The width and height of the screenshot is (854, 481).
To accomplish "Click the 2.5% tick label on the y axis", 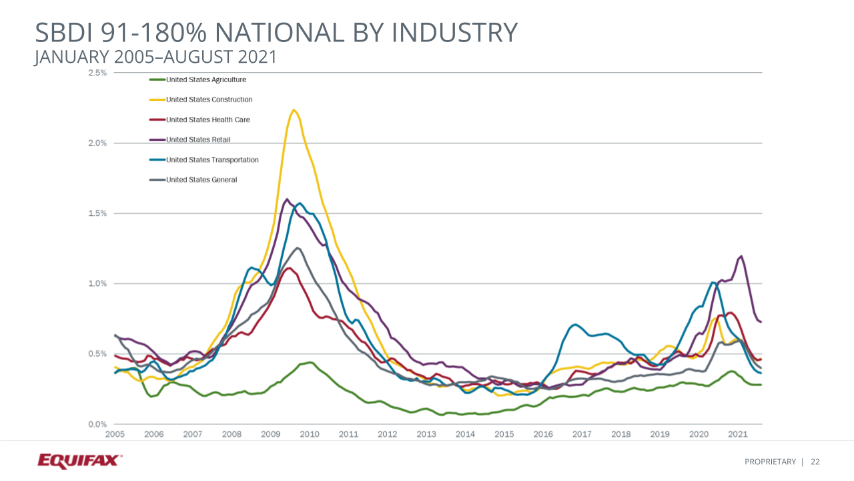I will (97, 73).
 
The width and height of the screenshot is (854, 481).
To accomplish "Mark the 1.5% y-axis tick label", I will (97, 213).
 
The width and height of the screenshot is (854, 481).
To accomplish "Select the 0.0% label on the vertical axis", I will (97, 424).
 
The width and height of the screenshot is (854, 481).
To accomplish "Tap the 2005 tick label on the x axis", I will (115, 434).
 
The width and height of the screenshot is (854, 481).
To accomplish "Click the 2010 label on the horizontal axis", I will (310, 434).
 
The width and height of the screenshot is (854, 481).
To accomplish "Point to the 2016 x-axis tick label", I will (543, 434).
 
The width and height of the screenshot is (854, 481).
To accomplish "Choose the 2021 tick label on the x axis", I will (737, 434).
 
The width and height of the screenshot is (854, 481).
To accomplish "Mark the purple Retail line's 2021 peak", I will (741, 256).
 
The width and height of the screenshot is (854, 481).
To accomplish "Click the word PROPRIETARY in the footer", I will (771, 462).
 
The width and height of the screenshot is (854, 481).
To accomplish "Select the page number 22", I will (815, 462).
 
